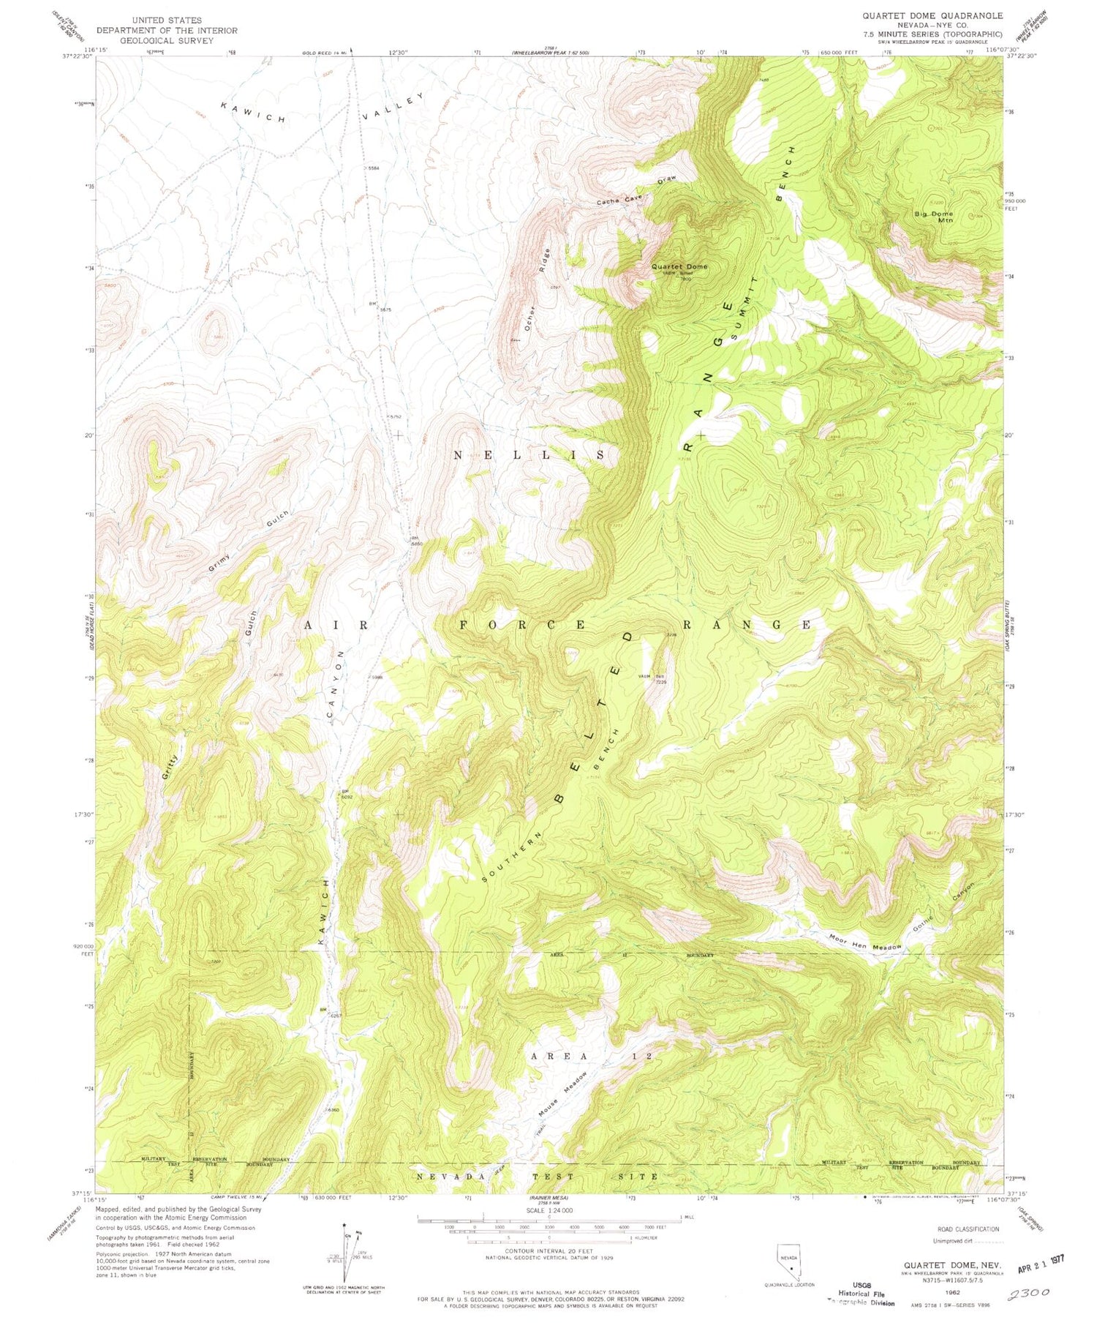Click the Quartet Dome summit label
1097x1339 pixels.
(679, 266)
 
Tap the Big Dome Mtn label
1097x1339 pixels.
(934, 217)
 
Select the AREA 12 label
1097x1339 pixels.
(592, 1056)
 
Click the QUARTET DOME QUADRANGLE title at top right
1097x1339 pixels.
(932, 15)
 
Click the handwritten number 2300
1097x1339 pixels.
(1028, 1293)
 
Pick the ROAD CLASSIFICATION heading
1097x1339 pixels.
(968, 1229)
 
